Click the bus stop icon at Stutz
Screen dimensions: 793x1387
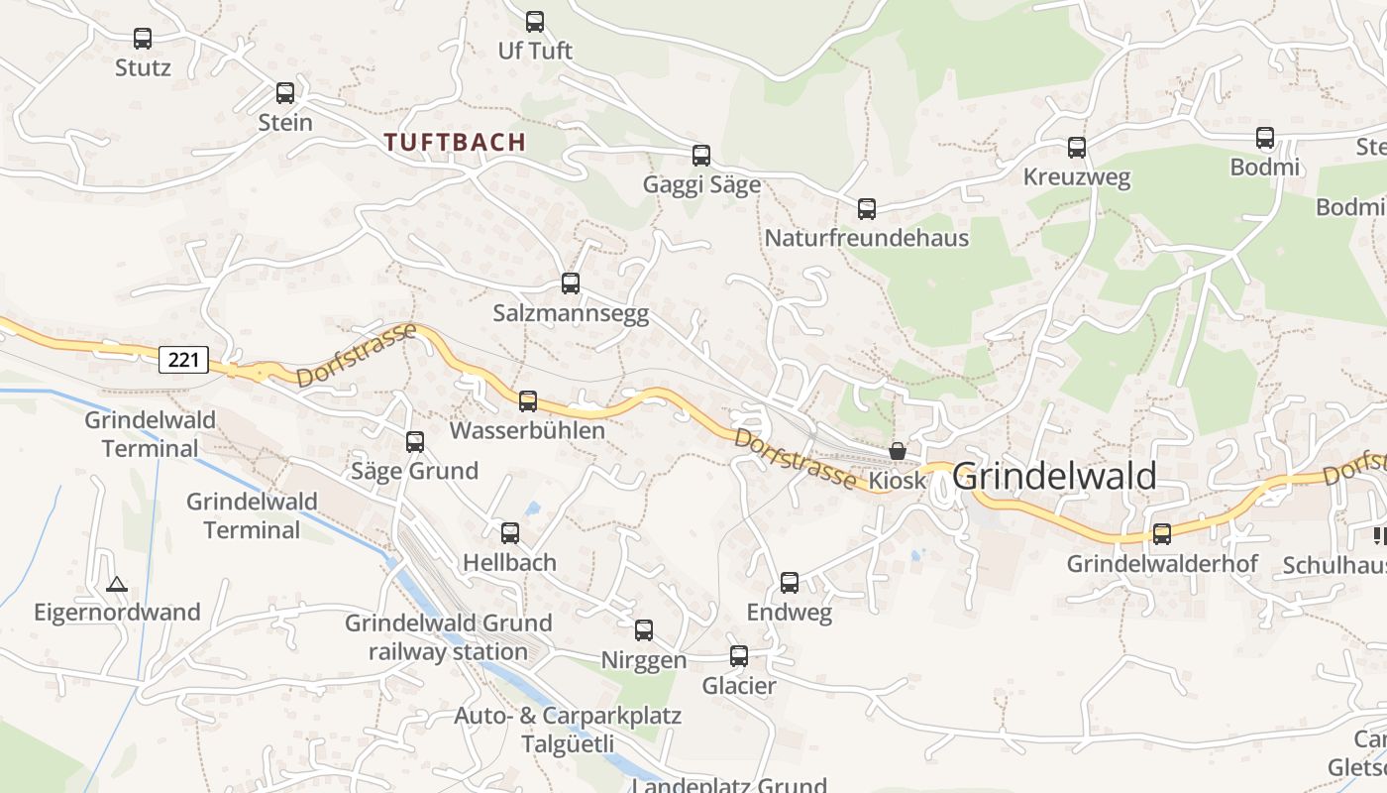pyautogui.click(x=143, y=39)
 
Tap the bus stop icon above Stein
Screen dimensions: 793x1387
pyautogui.click(x=285, y=93)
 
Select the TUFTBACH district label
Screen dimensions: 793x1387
pyautogui.click(x=456, y=142)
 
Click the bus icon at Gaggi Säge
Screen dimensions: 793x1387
pyautogui.click(x=701, y=156)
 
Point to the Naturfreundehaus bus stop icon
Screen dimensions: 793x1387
pyautogui.click(x=867, y=209)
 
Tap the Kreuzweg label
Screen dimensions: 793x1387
pyautogui.click(x=1076, y=178)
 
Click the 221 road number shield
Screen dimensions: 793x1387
pyautogui.click(x=183, y=360)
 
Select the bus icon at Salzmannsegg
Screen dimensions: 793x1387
pyautogui.click(x=571, y=283)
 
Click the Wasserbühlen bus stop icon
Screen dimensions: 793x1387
pyautogui.click(x=528, y=401)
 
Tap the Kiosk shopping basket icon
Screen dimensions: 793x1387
pyautogui.click(x=898, y=451)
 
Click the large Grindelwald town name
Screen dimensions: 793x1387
pyautogui.click(x=1054, y=477)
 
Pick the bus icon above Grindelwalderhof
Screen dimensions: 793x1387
pyautogui.click(x=1162, y=534)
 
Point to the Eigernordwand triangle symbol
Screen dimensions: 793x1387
pyautogui.click(x=117, y=584)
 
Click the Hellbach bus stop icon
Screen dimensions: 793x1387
pyautogui.click(x=510, y=533)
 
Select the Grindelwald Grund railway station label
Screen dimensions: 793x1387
pyautogui.click(x=449, y=637)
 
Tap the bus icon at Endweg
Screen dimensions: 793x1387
pyautogui.click(x=790, y=583)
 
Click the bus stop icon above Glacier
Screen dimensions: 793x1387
pyautogui.click(x=739, y=656)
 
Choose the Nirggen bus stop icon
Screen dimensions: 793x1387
pyautogui.click(x=644, y=630)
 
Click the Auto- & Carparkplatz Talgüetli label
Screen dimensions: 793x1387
pyautogui.click(x=568, y=730)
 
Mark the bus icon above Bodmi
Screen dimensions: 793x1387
pyautogui.click(x=1265, y=138)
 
